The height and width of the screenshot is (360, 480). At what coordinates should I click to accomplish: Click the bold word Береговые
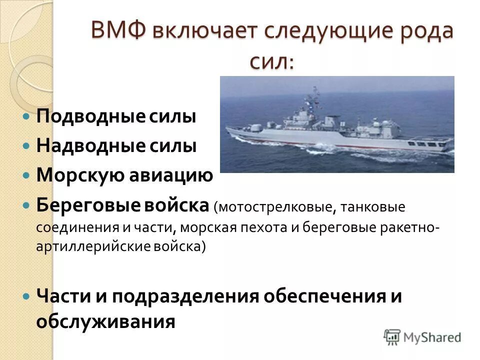[x=84, y=205]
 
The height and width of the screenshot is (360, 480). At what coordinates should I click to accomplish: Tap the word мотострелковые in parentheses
[x=268, y=206]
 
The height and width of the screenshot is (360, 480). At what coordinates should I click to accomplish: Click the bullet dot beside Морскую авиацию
[x=26, y=175]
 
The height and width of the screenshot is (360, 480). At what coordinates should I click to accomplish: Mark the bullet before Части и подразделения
[x=26, y=296]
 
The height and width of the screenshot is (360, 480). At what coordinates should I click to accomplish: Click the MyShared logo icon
[x=392, y=337]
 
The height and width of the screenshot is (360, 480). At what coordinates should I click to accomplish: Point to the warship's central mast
[x=314, y=100]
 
